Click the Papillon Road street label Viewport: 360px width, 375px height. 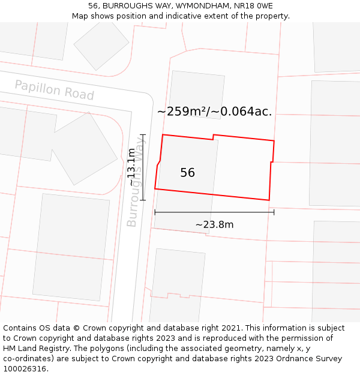pos(54,90)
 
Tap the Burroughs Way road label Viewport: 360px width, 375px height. pos(136,182)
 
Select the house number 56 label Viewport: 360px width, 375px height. pos(187,173)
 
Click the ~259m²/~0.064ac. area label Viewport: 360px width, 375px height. pos(214,112)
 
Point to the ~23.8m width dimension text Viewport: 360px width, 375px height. pos(214,225)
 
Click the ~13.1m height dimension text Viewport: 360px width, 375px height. pos(131,167)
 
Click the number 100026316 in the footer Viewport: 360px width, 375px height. pos(25,369)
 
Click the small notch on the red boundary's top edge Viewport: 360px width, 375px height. pos(214,137)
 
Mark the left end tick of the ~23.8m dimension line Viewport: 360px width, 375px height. pos(155,212)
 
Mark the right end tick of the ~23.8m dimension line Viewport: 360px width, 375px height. pos(274,212)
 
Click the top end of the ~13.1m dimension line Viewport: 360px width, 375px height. pos(143,134)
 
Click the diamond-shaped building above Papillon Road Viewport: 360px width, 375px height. pos(101,44)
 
